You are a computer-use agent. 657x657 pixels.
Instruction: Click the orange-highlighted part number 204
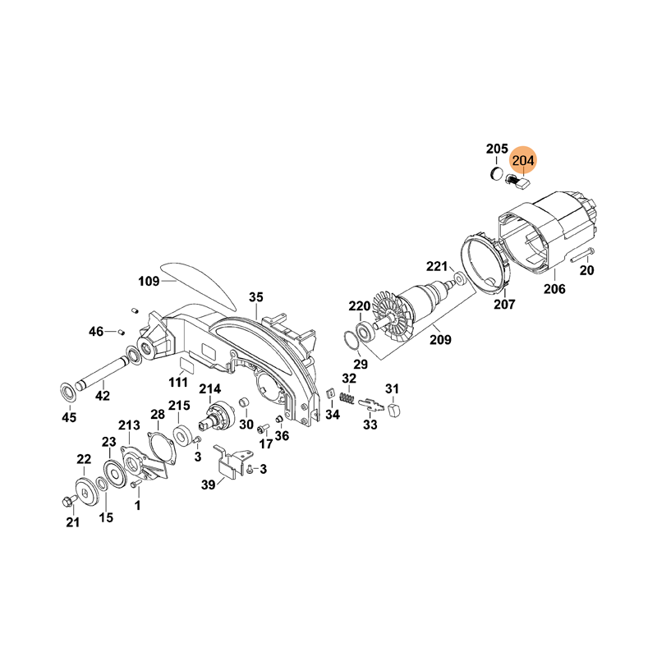pyautogui.click(x=523, y=160)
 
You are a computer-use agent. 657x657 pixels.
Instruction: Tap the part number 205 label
pyautogui.click(x=497, y=149)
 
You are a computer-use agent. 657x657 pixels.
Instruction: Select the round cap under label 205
pyautogui.click(x=496, y=173)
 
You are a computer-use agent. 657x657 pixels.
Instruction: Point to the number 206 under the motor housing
pyautogui.click(x=554, y=289)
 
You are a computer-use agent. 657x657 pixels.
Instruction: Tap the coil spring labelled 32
pyautogui.click(x=347, y=397)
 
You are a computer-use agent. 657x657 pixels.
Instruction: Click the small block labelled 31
pyautogui.click(x=393, y=410)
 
